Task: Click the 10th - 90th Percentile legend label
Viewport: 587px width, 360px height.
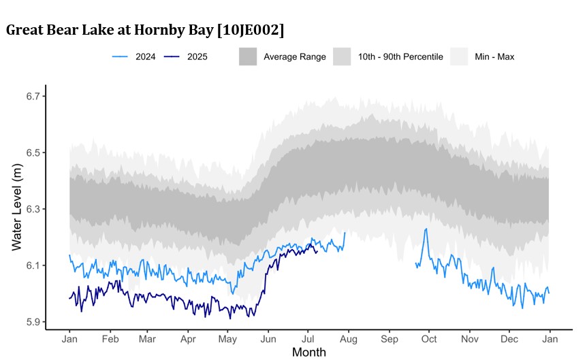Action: pos(400,56)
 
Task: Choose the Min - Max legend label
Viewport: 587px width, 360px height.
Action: pos(495,56)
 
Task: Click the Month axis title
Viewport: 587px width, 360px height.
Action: pos(309,352)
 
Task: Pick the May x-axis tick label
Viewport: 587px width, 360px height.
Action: pos(228,338)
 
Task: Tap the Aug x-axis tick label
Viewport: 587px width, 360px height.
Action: pos(349,338)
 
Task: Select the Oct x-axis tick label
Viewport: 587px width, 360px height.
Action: pos(429,338)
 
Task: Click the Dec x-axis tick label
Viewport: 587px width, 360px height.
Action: pos(509,338)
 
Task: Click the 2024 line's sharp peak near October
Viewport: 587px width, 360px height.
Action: pos(426,229)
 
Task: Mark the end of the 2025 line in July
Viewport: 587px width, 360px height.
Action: pos(317,250)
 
